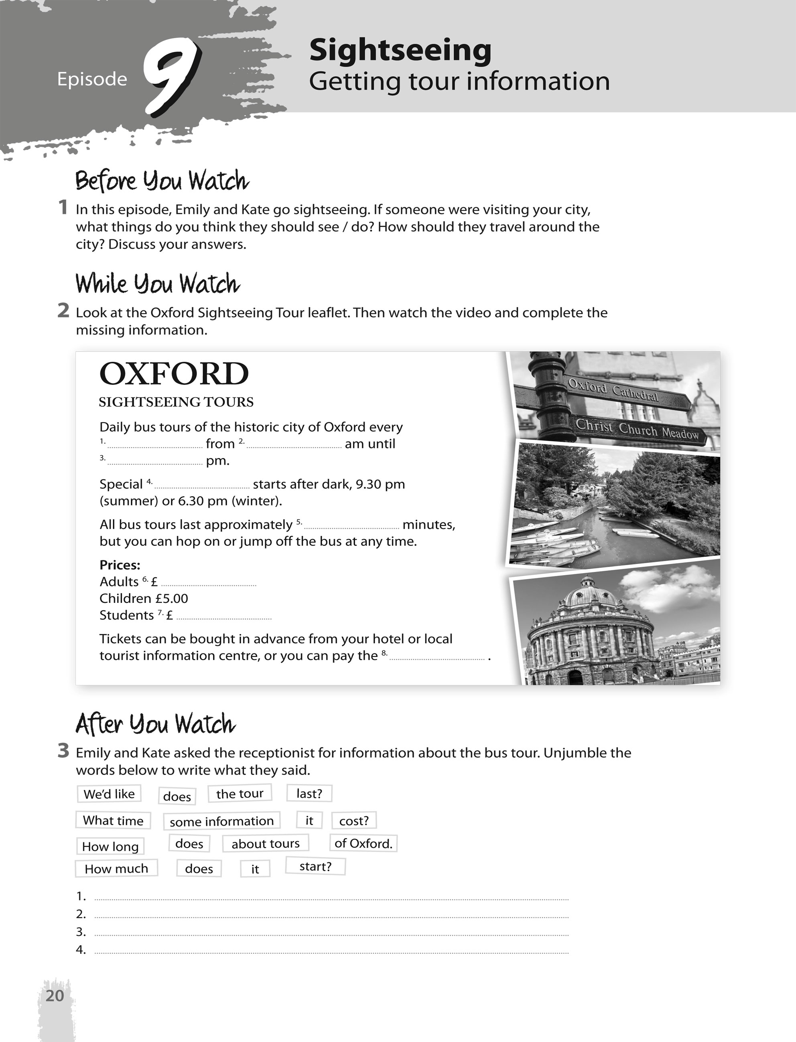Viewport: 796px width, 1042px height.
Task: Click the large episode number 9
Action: pyautogui.click(x=172, y=76)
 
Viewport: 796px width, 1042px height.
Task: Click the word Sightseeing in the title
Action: pyautogui.click(x=400, y=50)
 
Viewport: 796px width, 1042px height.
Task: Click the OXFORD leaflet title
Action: pyautogui.click(x=174, y=374)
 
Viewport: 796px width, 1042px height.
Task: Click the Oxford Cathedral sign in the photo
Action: pyautogui.click(x=613, y=390)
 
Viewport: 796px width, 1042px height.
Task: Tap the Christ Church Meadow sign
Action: pyautogui.click(x=637, y=429)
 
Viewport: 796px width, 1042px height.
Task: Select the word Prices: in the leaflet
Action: pyautogui.click(x=120, y=565)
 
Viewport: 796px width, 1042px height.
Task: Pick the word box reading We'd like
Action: pyautogui.click(x=109, y=794)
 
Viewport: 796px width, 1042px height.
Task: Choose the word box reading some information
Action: pyautogui.click(x=222, y=821)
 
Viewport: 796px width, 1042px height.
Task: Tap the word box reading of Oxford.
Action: pyautogui.click(x=363, y=843)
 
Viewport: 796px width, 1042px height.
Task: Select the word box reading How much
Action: pyautogui.click(x=116, y=869)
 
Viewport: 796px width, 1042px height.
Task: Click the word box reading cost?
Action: pyautogui.click(x=354, y=821)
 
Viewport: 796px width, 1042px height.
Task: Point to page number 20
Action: pyautogui.click(x=55, y=995)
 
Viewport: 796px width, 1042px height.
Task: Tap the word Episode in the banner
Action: pyautogui.click(x=92, y=79)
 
